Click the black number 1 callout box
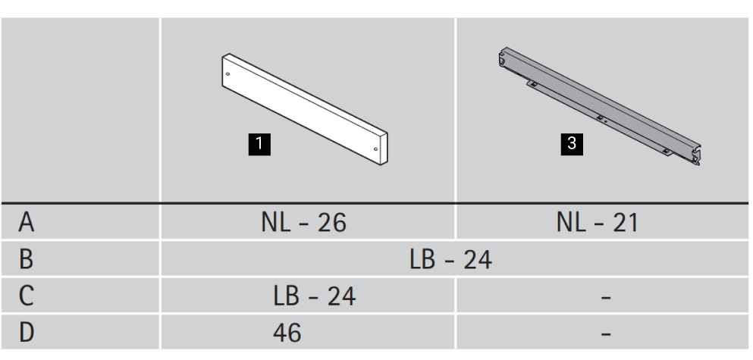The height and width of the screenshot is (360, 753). (x=259, y=144)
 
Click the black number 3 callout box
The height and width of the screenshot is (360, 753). (x=572, y=144)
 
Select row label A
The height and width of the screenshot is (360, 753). (x=27, y=223)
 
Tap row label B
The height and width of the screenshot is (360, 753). (x=26, y=258)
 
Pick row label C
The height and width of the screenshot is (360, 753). (x=26, y=296)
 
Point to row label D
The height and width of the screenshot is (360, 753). (x=27, y=332)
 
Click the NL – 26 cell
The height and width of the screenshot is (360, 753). (x=303, y=223)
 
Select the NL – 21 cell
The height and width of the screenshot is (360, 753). (x=598, y=223)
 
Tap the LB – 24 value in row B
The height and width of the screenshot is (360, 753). (x=451, y=259)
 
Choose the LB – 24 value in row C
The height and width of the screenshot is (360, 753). (x=315, y=296)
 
